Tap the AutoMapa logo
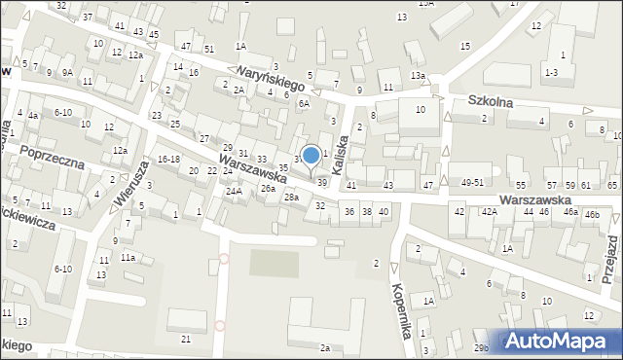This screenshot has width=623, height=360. tap(561, 341)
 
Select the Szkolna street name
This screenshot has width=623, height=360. tap(490, 100)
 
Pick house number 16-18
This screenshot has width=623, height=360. tap(168, 159)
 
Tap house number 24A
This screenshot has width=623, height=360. tap(235, 191)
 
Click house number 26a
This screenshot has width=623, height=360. tap(268, 189)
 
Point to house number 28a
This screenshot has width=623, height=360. tap(291, 198)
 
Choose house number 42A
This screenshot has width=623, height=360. tap(488, 211)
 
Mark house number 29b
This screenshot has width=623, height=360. tap(482, 347)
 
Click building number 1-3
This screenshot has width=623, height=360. tap(551, 72)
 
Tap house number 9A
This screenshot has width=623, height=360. tap(67, 72)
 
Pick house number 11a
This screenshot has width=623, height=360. tap(128, 258)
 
